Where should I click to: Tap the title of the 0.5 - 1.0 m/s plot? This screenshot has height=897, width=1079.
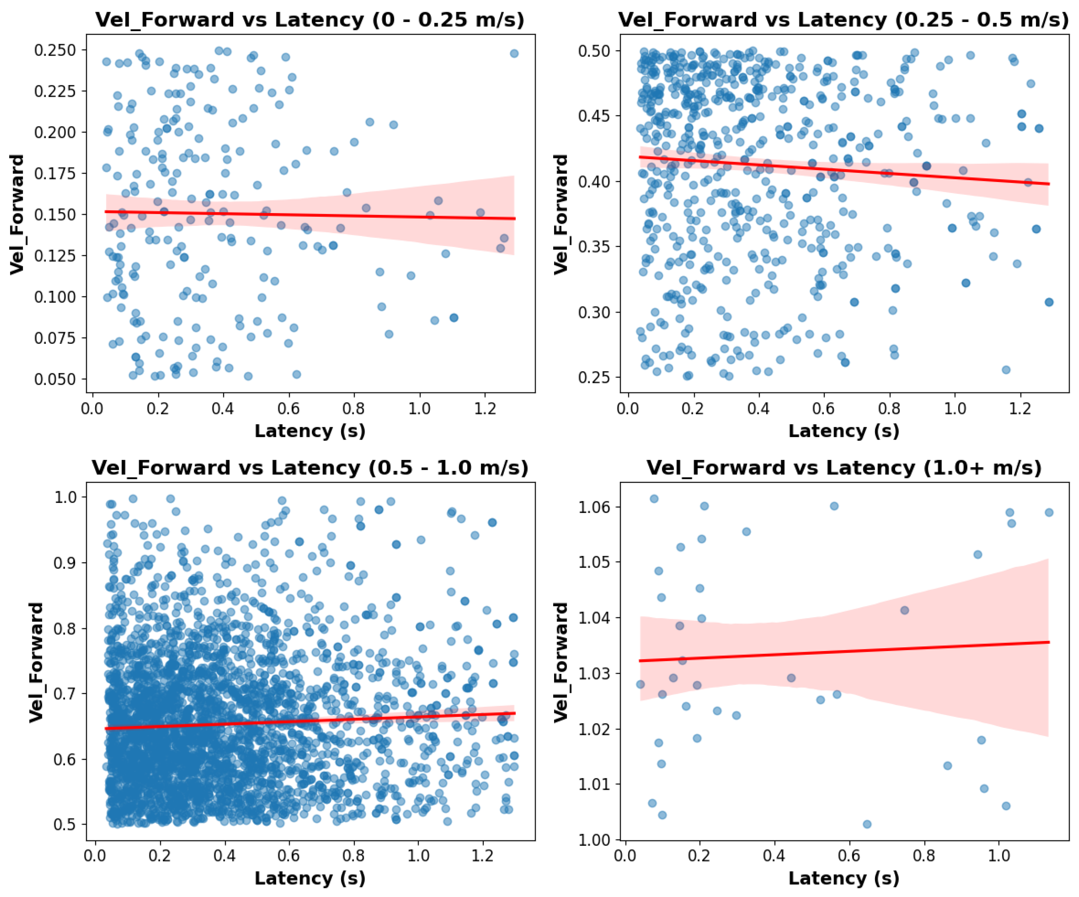coord(310,468)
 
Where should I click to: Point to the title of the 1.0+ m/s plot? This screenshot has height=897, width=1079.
coord(843,468)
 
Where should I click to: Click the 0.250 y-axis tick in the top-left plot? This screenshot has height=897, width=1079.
coord(55,50)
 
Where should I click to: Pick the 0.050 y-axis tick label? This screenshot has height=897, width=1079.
coord(55,379)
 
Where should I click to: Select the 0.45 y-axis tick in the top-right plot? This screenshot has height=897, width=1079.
coord(594,116)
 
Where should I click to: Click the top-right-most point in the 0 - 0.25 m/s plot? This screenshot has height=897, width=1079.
coord(514,54)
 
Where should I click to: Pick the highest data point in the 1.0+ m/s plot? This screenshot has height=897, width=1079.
coord(654,499)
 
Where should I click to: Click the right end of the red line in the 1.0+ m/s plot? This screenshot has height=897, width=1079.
coord(1049,642)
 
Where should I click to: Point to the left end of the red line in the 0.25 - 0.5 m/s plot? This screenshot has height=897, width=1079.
coord(640,157)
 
